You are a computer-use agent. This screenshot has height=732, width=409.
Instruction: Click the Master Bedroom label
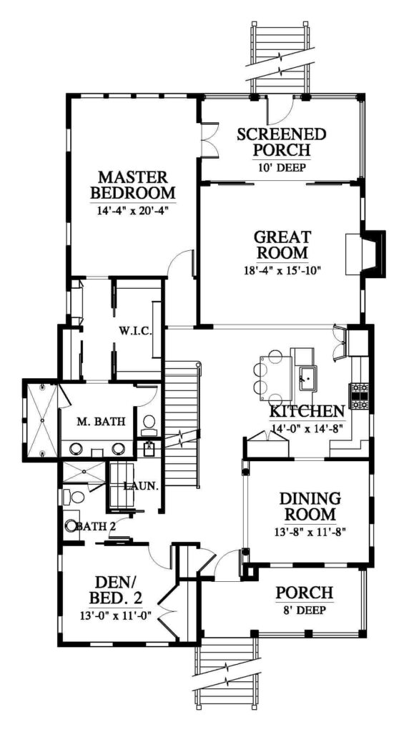(x=133, y=185)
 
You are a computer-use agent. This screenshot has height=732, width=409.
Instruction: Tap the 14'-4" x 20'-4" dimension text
(x=132, y=210)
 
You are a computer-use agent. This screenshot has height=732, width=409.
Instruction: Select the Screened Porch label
(x=282, y=142)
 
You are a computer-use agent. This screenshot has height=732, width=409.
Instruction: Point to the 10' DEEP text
(x=282, y=167)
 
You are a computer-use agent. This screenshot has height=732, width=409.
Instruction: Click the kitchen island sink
(x=307, y=377)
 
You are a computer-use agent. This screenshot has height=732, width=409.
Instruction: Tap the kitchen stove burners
(x=358, y=396)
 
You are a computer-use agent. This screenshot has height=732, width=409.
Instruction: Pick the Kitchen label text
(x=307, y=411)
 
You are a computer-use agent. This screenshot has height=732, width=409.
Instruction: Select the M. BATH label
(x=101, y=422)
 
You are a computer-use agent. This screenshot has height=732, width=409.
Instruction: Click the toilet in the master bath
(x=149, y=423)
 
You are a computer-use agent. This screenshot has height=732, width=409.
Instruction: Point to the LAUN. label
(x=142, y=486)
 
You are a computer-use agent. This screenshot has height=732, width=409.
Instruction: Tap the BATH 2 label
(x=96, y=526)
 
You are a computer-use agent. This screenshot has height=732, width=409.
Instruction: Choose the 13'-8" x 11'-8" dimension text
(x=310, y=531)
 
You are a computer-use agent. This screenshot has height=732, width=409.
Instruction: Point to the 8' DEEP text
(x=304, y=610)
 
